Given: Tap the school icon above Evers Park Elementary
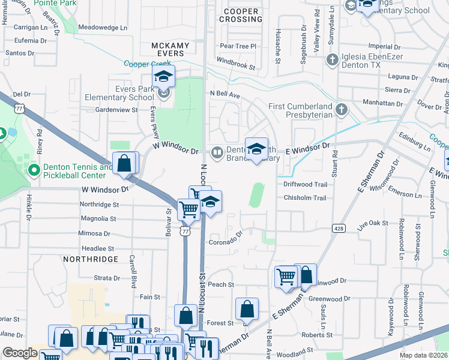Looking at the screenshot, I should pyautogui.click(x=163, y=77).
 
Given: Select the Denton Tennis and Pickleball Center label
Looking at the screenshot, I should pyautogui.click(x=77, y=171).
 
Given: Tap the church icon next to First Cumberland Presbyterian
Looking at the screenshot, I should pyautogui.click(x=342, y=109).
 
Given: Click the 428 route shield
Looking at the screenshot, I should pyautogui.click(x=338, y=228).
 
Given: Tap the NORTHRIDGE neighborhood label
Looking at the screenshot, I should pyautogui.click(x=90, y=259).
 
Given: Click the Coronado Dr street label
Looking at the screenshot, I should pyautogui.click(x=225, y=242).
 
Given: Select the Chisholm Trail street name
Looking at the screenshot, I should pyautogui.click(x=304, y=198).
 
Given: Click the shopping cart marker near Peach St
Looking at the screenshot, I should pyautogui.click(x=286, y=277).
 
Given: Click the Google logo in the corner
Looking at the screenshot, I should pyautogui.click(x=20, y=353).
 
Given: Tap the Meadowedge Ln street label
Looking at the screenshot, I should pyautogui.click(x=103, y=28).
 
